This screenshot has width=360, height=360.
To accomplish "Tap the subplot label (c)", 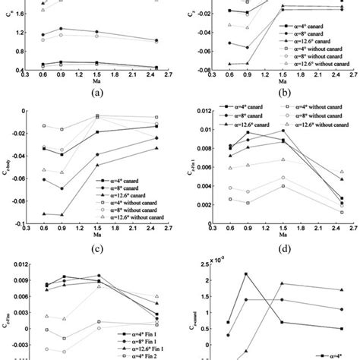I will coord(95,247).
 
